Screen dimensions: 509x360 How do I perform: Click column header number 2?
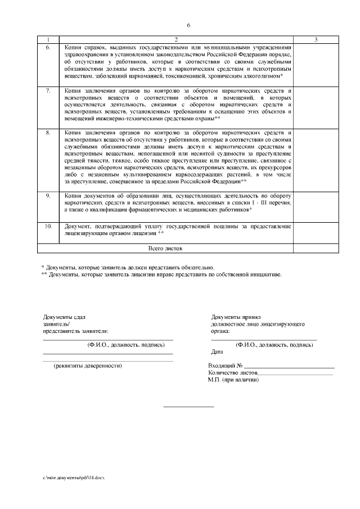pyautogui.click(x=176, y=40)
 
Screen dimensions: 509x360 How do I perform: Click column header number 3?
pyautogui.click(x=316, y=40)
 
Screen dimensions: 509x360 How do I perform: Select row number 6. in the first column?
pyautogui.click(x=48, y=48)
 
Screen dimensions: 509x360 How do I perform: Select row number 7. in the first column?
pyautogui.click(x=48, y=91)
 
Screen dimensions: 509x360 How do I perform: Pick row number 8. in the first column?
pyautogui.click(x=48, y=133)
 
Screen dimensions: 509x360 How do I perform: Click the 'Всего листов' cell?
pyautogui.click(x=165, y=247)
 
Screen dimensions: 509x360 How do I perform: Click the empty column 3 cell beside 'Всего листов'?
pyautogui.click(x=316, y=247)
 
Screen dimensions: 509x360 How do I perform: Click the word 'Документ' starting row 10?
pyautogui.click(x=79, y=226)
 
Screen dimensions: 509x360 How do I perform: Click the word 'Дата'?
pyautogui.click(x=217, y=352)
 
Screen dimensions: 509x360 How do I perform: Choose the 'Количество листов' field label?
pyautogui.click(x=232, y=373)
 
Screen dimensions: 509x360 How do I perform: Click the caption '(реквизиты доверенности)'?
pyautogui.click(x=87, y=366)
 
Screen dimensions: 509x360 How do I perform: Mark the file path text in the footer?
pyautogui.click(x=74, y=477)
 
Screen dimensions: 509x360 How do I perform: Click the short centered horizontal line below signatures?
pyautogui.click(x=188, y=406)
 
